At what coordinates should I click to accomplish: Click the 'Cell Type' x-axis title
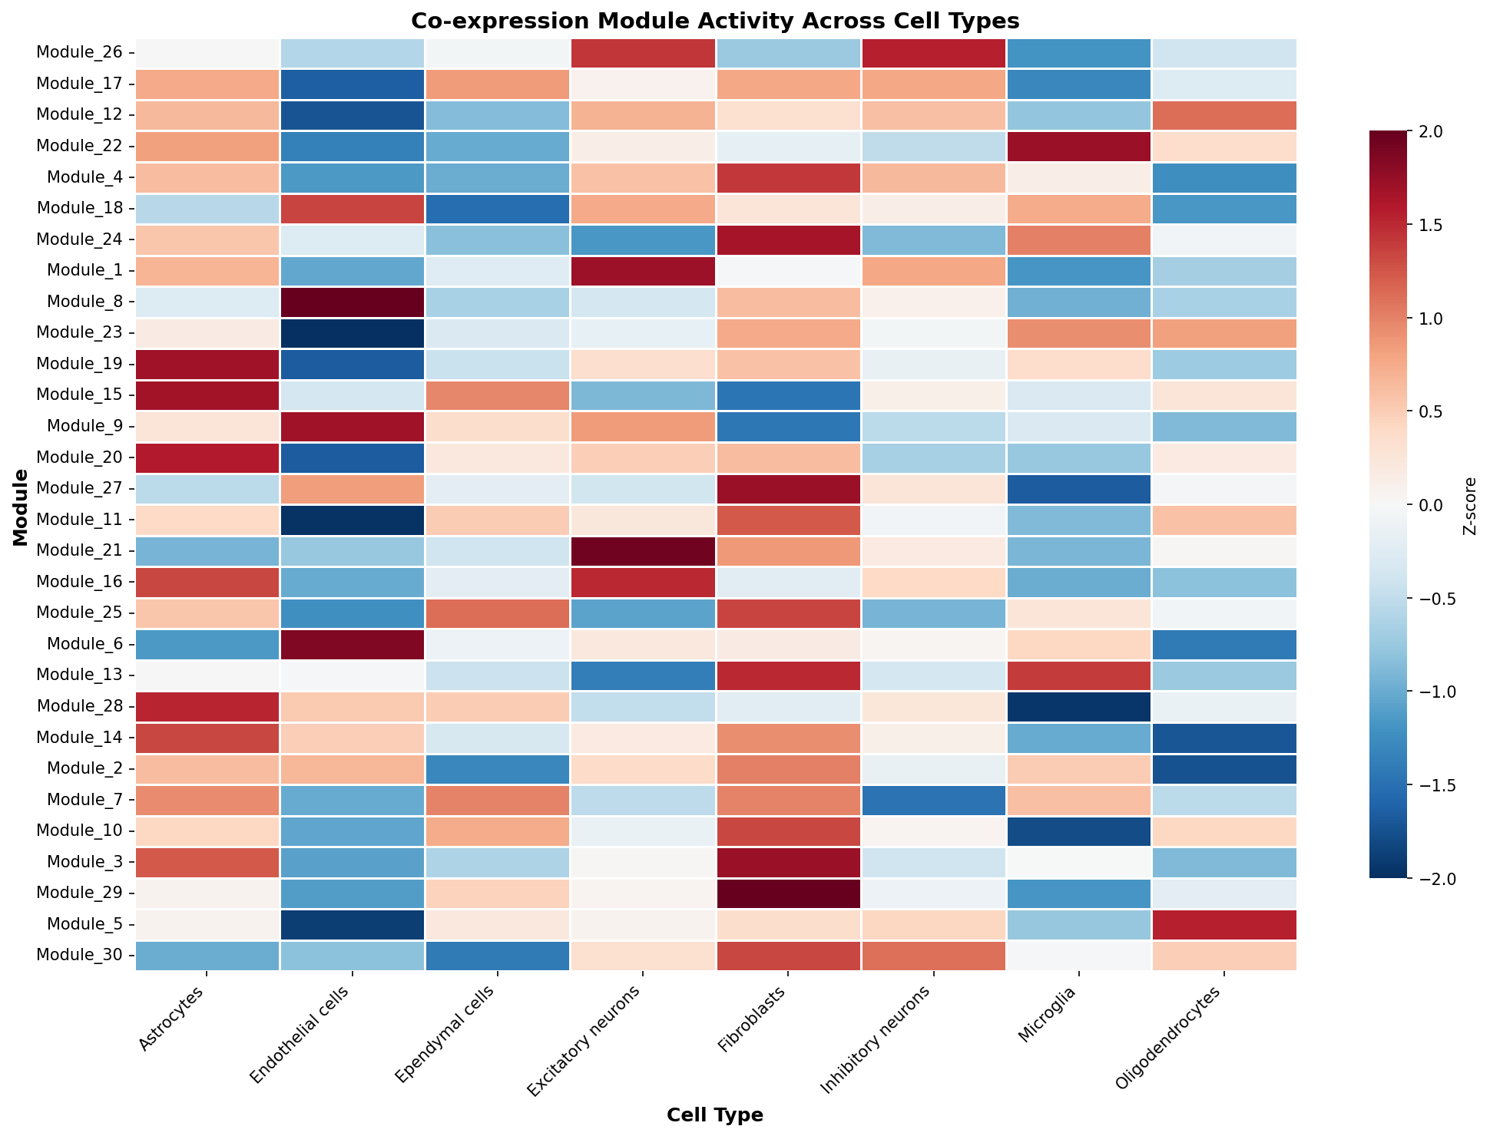coord(715,1115)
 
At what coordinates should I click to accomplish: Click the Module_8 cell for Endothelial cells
coord(353,302)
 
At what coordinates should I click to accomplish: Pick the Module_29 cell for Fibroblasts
coord(788,893)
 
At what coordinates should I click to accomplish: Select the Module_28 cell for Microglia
coord(1078,706)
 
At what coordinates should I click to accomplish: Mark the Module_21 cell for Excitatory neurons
coord(643,550)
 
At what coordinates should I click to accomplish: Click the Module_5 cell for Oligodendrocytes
coord(1224,924)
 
